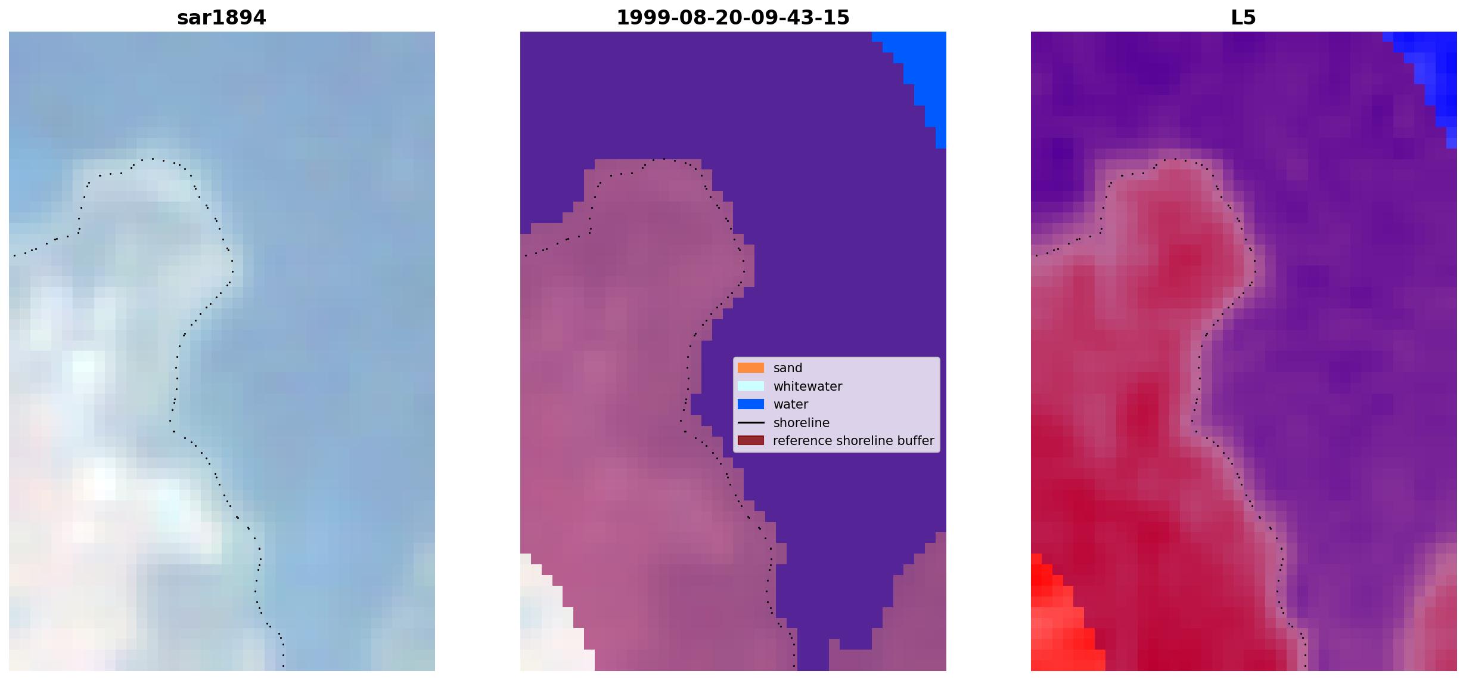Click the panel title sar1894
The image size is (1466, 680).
[221, 18]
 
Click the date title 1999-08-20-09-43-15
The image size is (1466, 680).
[733, 18]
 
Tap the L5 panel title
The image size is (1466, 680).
[1244, 18]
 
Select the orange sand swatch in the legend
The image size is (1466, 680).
[751, 368]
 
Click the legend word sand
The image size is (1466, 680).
[788, 368]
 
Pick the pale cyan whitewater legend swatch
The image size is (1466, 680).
[751, 386]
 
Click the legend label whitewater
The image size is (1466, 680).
[807, 386]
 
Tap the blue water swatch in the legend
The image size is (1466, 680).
[751, 404]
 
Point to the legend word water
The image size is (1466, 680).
[791, 404]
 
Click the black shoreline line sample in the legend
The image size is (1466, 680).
[751, 422]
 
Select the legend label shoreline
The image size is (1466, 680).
[802, 422]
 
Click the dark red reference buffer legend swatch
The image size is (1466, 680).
[751, 441]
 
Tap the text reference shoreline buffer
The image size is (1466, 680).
[853, 441]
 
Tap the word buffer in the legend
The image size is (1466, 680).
[917, 441]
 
